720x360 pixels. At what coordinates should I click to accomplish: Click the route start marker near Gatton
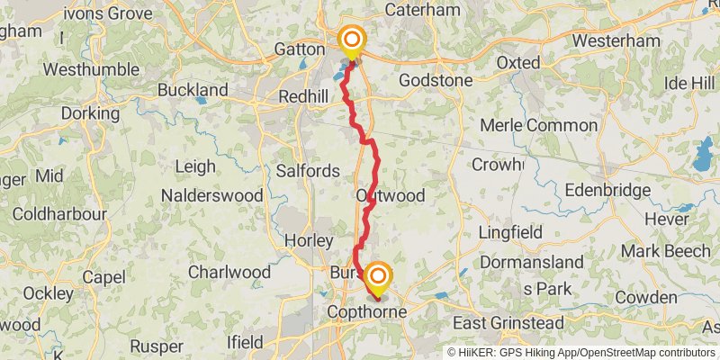point(351,40)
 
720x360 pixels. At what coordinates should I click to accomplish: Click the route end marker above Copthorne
point(377,275)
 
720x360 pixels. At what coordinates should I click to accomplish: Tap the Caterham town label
point(422,10)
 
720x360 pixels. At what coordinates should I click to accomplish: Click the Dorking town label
point(90,114)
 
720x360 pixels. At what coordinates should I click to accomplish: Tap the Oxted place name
point(519,63)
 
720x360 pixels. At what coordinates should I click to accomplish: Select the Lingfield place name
point(510,232)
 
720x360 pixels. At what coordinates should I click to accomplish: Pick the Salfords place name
point(308,171)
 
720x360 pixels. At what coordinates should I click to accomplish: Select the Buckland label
point(193,90)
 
